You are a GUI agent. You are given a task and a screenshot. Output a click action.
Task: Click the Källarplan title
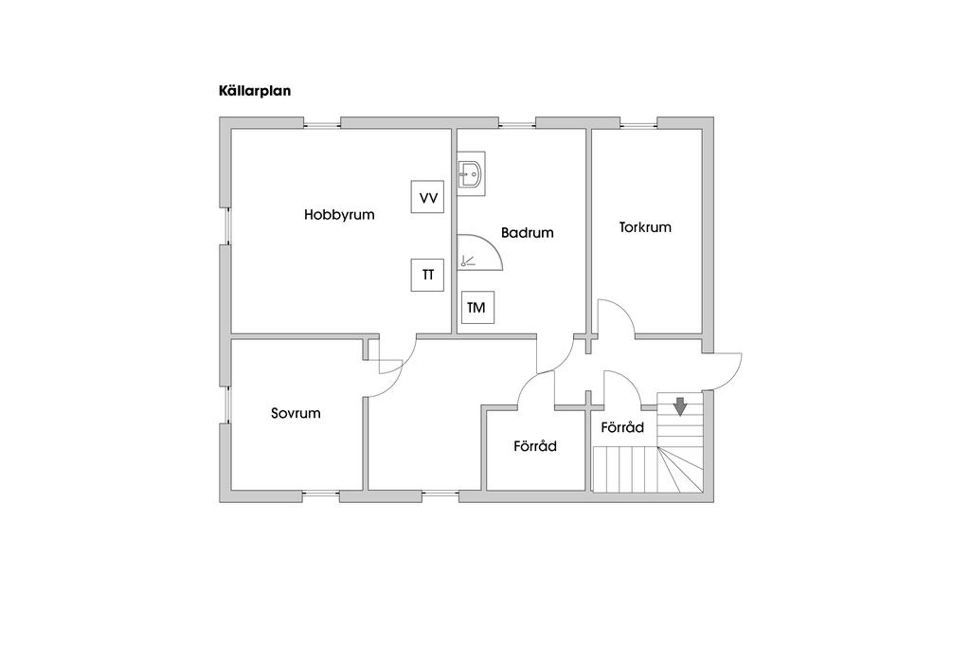tap(254, 92)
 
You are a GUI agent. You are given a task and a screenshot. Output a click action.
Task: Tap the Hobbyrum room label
tap(339, 215)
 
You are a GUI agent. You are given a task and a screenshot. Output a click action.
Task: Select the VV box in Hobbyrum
tap(428, 198)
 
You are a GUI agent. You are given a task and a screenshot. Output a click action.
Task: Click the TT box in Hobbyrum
tap(428, 275)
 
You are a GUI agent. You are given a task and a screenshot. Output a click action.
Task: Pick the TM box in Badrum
tap(476, 307)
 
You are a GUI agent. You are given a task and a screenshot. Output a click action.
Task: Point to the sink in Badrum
tap(471, 176)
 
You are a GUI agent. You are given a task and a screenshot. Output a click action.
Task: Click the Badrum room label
tap(527, 232)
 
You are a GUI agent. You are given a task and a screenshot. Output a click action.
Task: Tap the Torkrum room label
tap(645, 227)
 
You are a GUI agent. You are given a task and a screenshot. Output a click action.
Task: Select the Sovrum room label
tap(296, 413)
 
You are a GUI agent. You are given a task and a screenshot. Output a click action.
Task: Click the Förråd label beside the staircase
tap(622, 428)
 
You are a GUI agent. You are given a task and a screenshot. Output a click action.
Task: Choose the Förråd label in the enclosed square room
tap(535, 446)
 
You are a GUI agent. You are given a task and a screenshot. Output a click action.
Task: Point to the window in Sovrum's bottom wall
tap(321, 494)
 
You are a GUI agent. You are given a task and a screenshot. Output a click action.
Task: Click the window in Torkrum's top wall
tap(639, 123)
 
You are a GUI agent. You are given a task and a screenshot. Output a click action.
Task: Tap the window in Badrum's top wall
tap(516, 123)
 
